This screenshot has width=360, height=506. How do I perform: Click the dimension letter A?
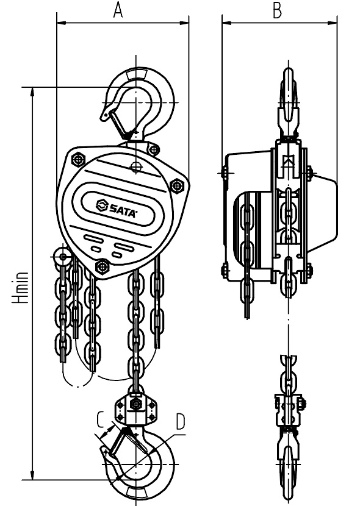118,10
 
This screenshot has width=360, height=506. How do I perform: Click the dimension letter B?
277,10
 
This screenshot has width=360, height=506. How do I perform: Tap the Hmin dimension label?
20,288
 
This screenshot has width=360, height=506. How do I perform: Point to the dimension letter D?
180,421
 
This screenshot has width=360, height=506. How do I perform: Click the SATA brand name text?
121,210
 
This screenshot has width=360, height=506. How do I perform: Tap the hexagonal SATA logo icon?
101,205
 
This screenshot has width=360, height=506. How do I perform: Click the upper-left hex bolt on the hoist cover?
79,159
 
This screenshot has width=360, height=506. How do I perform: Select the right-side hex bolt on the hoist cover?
176,185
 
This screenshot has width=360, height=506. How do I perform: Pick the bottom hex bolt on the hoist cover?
103,266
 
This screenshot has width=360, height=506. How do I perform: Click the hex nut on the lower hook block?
135,404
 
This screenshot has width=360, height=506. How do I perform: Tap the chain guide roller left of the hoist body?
63,257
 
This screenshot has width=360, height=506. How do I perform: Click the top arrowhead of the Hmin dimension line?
32,91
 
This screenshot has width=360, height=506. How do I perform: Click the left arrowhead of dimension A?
60,23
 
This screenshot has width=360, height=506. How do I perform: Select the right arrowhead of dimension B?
333,23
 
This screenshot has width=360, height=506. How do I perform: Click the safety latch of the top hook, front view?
120,124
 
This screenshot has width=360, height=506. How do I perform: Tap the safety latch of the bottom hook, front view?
119,442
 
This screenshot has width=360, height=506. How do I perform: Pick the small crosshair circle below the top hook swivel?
136,166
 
